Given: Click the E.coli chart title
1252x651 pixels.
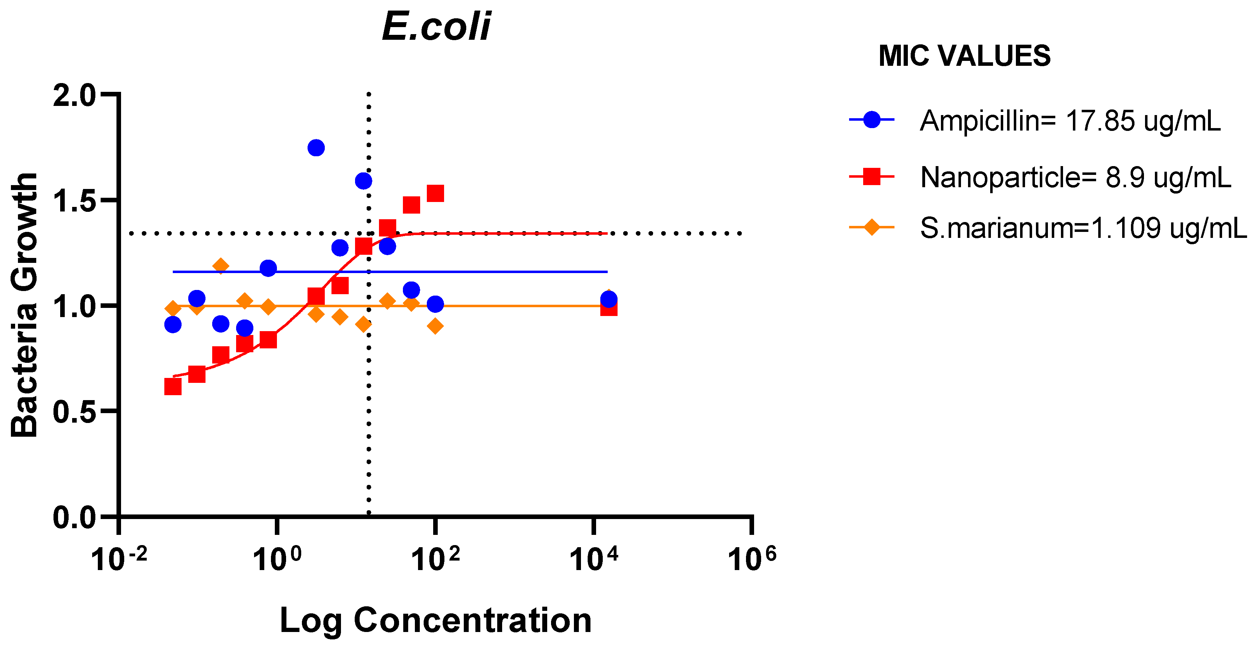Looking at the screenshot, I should pyautogui.click(x=436, y=26).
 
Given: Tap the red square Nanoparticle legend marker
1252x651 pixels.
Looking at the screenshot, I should pyautogui.click(x=872, y=177).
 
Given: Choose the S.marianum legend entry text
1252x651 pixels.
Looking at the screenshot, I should pyautogui.click(x=1083, y=228).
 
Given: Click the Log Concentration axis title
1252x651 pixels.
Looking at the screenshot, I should pyautogui.click(x=436, y=620).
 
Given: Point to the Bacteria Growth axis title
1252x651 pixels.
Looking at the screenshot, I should pyautogui.click(x=24, y=305).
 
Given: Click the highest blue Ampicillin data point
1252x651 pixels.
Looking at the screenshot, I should pyautogui.click(x=316, y=148).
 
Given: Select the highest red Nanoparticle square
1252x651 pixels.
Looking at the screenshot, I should pyautogui.click(x=435, y=194).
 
